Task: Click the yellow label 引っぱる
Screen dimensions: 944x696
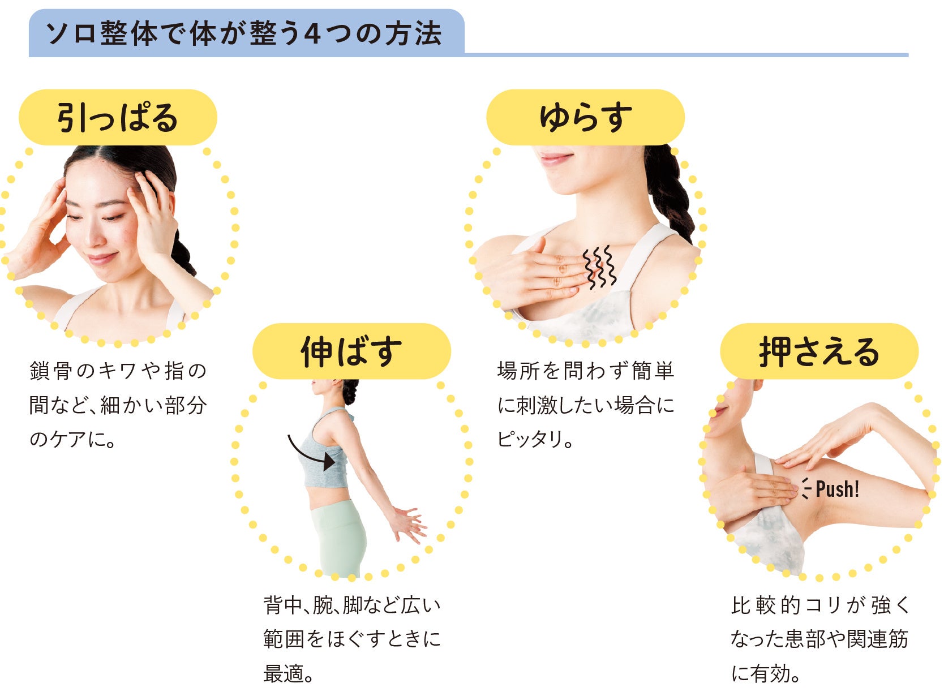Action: (x=118, y=118)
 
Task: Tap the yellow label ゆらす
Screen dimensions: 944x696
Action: (x=585, y=118)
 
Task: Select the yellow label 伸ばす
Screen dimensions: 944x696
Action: (x=351, y=351)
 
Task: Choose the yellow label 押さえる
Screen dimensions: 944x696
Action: (x=819, y=351)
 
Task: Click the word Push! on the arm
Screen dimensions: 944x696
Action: (x=837, y=489)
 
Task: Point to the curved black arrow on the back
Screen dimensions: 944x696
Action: (x=310, y=454)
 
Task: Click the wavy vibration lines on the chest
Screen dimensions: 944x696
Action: (x=600, y=267)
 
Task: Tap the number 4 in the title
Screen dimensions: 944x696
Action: (x=312, y=34)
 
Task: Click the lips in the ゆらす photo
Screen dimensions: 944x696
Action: (x=556, y=158)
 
